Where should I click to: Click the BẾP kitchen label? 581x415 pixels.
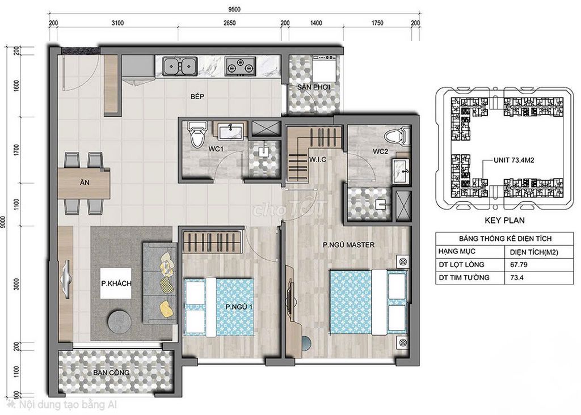pyautogui.click(x=197, y=96)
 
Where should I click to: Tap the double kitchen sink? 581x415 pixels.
pyautogui.click(x=180, y=66)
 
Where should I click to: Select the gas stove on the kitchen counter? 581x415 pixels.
pyautogui.click(x=240, y=66)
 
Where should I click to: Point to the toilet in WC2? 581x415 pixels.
pyautogui.click(x=398, y=137)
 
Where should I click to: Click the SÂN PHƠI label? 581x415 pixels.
pyautogui.click(x=313, y=87)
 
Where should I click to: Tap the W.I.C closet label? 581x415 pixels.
pyautogui.click(x=318, y=159)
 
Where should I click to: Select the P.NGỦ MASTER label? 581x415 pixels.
pyautogui.click(x=348, y=245)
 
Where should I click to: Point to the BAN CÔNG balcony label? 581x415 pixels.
pyautogui.click(x=111, y=373)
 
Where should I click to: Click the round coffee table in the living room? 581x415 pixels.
pyautogui.click(x=119, y=320)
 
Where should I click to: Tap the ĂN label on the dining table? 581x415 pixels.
pyautogui.click(x=85, y=182)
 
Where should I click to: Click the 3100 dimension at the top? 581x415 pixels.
pyautogui.click(x=117, y=23)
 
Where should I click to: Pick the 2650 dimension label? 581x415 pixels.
pyautogui.click(x=229, y=23)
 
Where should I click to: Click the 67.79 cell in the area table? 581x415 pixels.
pyautogui.click(x=519, y=265)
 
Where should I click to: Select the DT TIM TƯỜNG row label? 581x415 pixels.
pyautogui.click(x=464, y=277)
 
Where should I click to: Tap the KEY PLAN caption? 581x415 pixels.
pyautogui.click(x=504, y=221)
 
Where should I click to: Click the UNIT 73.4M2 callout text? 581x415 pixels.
pyautogui.click(x=514, y=160)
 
